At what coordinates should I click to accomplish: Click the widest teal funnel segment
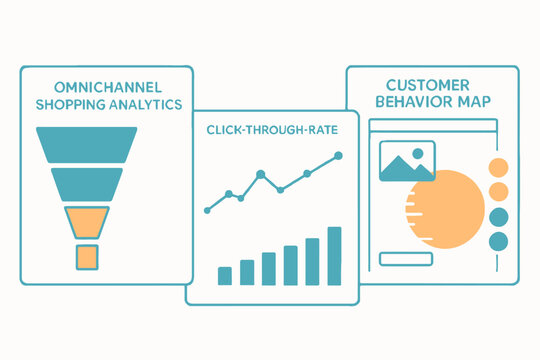tap(99, 144)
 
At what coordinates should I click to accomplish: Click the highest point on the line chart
tap(339, 155)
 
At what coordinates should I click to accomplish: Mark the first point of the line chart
tap(207, 210)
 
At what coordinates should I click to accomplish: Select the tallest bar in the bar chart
tap(335, 256)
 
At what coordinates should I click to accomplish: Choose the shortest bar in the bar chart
tap(225, 275)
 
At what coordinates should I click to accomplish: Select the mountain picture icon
tap(407, 161)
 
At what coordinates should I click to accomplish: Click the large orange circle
tap(444, 209)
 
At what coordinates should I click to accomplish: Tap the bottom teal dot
tap(496, 241)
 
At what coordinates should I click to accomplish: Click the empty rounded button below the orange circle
tap(405, 259)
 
